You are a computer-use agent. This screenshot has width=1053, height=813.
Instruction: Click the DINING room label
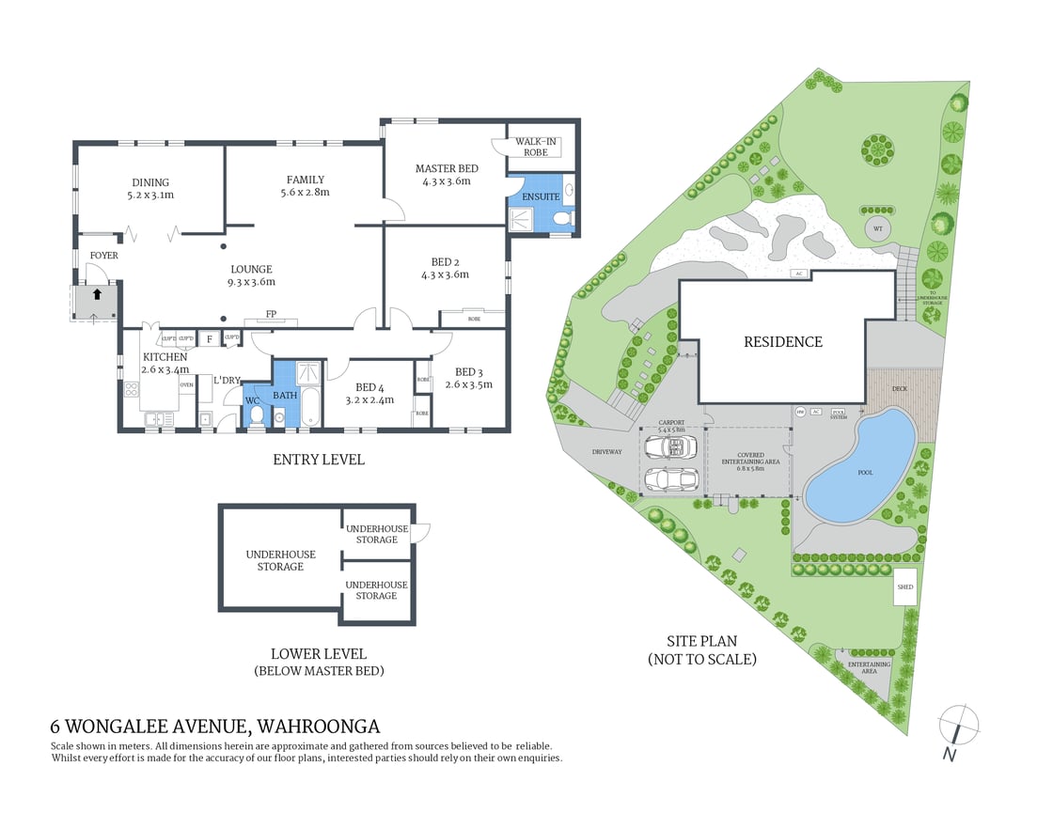pyautogui.click(x=150, y=182)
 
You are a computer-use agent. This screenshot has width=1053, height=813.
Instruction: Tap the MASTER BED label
pyautogui.click(x=447, y=168)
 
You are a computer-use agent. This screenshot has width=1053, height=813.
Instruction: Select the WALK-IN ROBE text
pyautogui.click(x=537, y=146)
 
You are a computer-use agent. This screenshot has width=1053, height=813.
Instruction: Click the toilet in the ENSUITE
pyautogui.click(x=562, y=219)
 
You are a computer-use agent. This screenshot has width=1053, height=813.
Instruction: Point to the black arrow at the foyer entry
pyautogui.click(x=97, y=293)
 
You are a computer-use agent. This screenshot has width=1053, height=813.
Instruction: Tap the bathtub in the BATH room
pyautogui.click(x=310, y=411)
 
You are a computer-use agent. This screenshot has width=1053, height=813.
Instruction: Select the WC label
pyautogui.click(x=252, y=401)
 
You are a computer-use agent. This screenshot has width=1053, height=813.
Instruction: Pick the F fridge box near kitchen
pyautogui.click(x=209, y=338)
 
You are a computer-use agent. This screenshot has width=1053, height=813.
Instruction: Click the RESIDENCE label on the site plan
pyautogui.click(x=783, y=342)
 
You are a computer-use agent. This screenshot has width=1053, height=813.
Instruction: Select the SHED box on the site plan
pyautogui.click(x=904, y=587)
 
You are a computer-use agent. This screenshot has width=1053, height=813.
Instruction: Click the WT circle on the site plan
pyautogui.click(x=876, y=227)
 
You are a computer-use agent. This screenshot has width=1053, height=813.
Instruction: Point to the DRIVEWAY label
pyautogui.click(x=607, y=452)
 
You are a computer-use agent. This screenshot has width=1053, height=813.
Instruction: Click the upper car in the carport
pyautogui.click(x=669, y=446)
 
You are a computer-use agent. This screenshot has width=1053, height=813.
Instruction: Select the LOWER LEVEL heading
pyautogui.click(x=318, y=654)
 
